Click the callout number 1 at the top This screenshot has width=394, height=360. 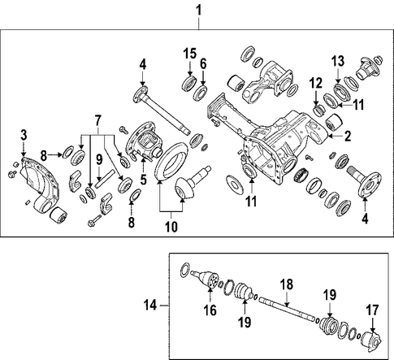[199, 11]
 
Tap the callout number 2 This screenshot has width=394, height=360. [347, 136]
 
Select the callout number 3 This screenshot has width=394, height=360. [24, 135]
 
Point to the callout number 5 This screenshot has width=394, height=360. [143, 179]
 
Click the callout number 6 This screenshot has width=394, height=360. [203, 64]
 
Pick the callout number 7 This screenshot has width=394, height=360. [97, 120]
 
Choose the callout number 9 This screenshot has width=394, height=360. [99, 160]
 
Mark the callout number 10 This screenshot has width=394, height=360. [171, 226]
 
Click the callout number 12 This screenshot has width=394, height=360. [316, 83]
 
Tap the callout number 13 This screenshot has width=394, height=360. [338, 61]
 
